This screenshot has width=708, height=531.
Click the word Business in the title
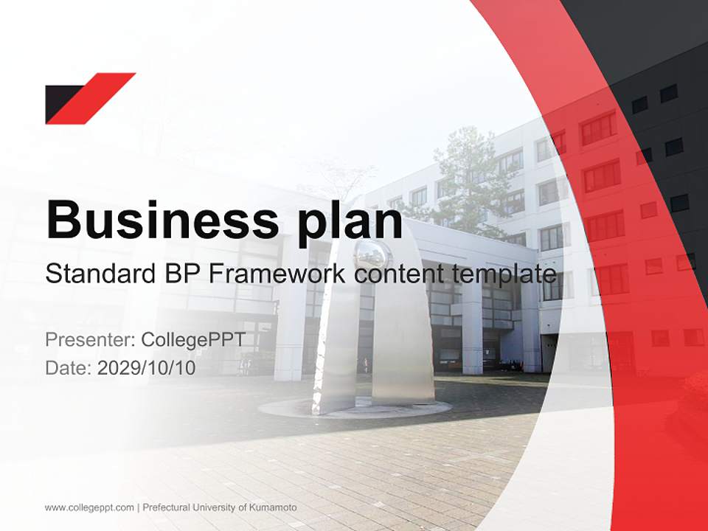[x=162, y=220]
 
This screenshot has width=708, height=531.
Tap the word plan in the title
[x=350, y=223]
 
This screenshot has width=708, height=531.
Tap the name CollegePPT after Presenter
[x=193, y=340]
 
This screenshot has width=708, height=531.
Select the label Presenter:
[x=90, y=339]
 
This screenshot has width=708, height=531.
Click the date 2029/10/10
[x=146, y=368]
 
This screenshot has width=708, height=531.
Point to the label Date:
[x=69, y=368]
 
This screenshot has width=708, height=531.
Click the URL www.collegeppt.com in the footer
[x=89, y=508]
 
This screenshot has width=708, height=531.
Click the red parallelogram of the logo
[x=91, y=98]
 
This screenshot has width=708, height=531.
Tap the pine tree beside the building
[x=465, y=181]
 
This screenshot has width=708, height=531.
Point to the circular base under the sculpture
[x=355, y=409]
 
